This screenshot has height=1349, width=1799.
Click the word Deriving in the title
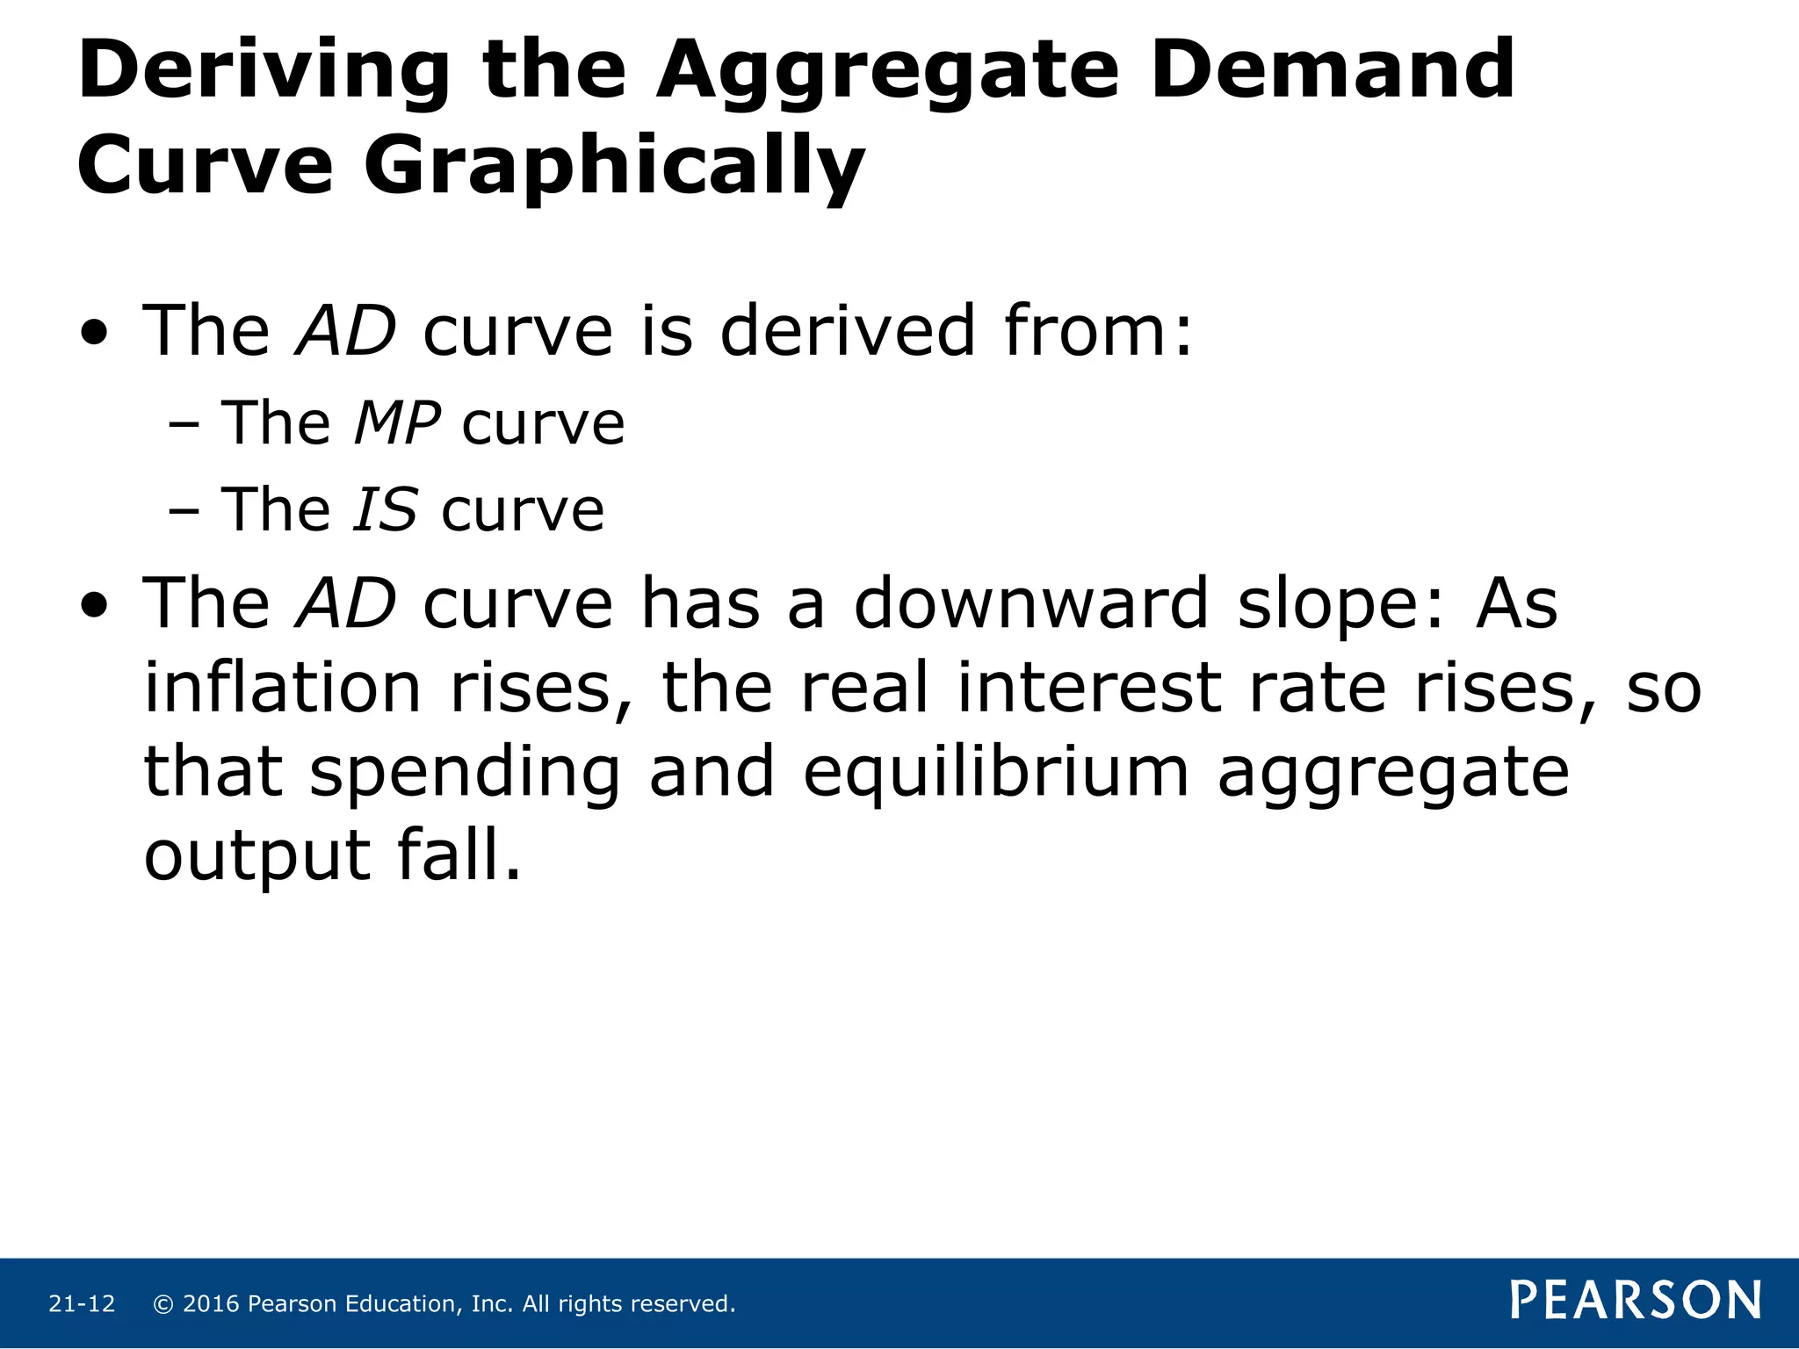click(264, 72)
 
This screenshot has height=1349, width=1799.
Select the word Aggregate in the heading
click(886, 72)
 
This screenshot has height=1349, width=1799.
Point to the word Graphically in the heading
click(614, 167)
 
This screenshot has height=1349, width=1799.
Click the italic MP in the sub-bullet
click(397, 424)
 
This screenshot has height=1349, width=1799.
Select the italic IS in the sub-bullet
click(385, 510)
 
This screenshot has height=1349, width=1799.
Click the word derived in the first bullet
click(847, 332)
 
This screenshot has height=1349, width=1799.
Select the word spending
click(465, 773)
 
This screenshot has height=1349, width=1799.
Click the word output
click(257, 856)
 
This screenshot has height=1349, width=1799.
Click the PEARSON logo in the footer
click(1636, 1301)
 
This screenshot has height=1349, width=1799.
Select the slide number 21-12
click(82, 1304)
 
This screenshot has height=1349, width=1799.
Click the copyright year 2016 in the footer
click(211, 1304)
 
